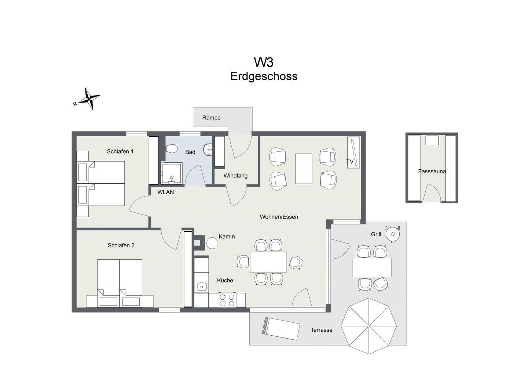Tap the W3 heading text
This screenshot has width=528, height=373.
[x=264, y=62]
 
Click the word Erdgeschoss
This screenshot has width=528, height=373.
[x=264, y=76]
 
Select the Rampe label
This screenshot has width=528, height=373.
[x=211, y=118]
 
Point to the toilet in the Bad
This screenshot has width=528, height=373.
[x=171, y=149]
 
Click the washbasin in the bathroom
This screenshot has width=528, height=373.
[x=208, y=149]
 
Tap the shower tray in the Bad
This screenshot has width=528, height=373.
[x=171, y=173]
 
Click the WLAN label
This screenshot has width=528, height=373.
[x=165, y=192]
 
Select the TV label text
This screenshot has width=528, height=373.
[x=350, y=162]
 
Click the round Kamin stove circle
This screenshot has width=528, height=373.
[x=212, y=243]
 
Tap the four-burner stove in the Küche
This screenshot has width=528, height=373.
[x=227, y=300]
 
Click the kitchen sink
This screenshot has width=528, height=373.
[x=202, y=287]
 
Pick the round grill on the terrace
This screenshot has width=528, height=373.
[x=392, y=234]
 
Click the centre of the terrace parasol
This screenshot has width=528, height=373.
[x=368, y=326]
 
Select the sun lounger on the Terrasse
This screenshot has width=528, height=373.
[x=281, y=329]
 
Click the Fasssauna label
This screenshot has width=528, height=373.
[x=432, y=171]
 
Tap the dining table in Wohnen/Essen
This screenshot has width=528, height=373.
[x=268, y=262]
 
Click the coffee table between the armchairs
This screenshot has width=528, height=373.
[x=304, y=169]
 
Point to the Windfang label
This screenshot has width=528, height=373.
[x=235, y=176]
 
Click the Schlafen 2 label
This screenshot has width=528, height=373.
[x=121, y=245]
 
